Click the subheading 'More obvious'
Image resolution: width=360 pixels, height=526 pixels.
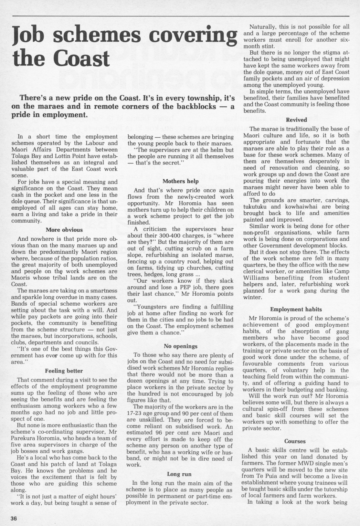click(x=64, y=230)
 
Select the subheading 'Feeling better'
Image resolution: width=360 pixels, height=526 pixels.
click(x=64, y=371)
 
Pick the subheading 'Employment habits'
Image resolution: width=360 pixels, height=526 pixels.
click(x=296, y=309)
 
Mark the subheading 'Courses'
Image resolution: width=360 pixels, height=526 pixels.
click(x=295, y=441)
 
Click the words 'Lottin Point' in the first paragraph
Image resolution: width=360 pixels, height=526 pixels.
click(x=75, y=156)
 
